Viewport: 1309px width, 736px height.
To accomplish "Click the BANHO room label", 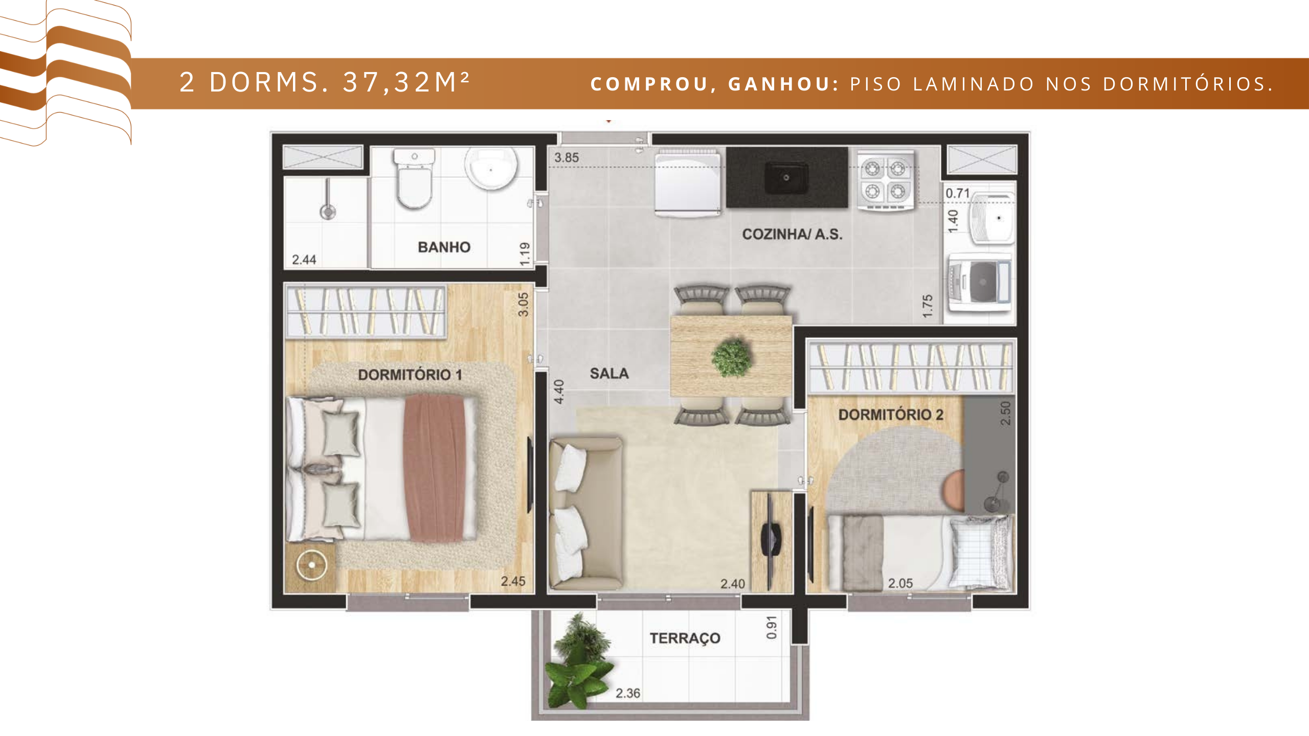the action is (x=444, y=247).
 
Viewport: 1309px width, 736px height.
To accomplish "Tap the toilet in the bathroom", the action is (x=415, y=178).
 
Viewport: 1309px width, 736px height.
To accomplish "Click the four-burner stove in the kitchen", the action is (x=886, y=180).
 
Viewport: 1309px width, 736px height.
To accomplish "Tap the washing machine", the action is (x=980, y=283).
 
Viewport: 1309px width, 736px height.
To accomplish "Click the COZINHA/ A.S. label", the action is (x=792, y=235).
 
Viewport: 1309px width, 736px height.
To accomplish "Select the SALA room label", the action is (x=609, y=374).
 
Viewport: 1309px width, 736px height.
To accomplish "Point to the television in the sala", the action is (x=771, y=538).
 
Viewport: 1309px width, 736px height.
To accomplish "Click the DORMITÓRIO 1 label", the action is (x=410, y=375).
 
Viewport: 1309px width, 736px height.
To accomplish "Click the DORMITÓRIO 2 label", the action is (x=891, y=415).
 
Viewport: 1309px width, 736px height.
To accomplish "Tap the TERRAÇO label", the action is (x=685, y=638).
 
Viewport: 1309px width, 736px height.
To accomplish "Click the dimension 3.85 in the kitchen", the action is (x=567, y=158).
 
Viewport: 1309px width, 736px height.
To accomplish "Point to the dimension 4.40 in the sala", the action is (x=559, y=392).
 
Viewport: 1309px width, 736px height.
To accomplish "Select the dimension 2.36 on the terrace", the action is (x=627, y=694).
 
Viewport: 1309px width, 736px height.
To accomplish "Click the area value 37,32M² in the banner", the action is (x=406, y=82).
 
